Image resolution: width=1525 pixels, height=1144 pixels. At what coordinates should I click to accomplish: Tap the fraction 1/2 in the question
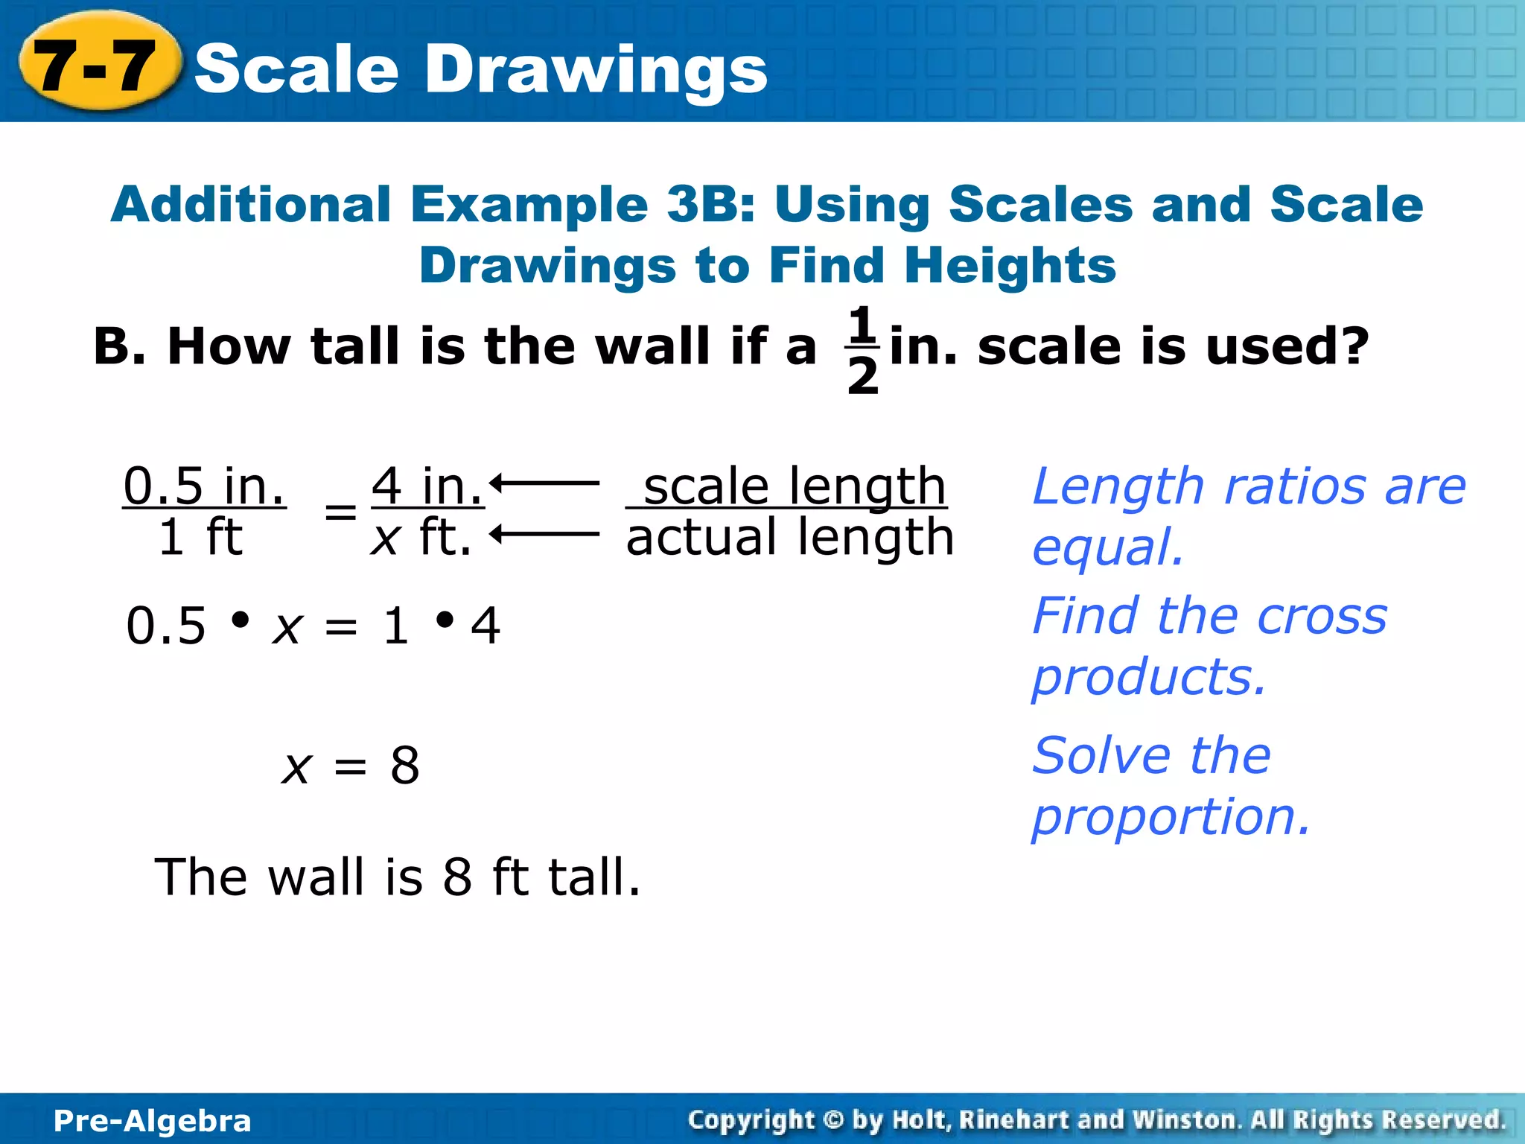coord(862,349)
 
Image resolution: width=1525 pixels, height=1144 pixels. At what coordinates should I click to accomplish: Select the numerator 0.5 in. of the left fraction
coord(204,486)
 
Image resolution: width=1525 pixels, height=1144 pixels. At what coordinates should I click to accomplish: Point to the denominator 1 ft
coord(200,537)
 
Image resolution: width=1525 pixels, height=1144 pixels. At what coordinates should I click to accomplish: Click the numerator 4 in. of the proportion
coord(427,486)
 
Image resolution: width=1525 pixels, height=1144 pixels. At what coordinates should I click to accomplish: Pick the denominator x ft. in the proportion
coord(421,537)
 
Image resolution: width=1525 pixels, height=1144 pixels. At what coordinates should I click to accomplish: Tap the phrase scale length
coord(794,486)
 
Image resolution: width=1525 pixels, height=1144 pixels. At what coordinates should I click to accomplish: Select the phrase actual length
coord(789,537)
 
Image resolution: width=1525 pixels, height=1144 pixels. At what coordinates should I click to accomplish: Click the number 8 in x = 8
coord(405,765)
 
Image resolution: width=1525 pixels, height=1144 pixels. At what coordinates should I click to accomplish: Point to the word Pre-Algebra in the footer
coord(153,1120)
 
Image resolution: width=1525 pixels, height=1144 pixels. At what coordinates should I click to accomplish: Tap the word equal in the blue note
coord(1107,547)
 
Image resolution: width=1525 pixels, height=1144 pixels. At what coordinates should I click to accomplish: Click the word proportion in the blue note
coord(1170,816)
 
